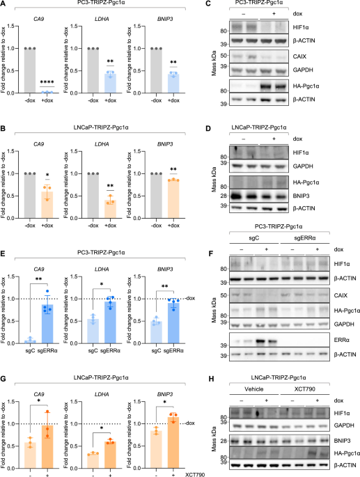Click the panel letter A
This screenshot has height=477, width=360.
click(3, 3)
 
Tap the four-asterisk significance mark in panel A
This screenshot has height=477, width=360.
click(47, 82)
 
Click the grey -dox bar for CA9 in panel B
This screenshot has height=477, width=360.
click(30, 196)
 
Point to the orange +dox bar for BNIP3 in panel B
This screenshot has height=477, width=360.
click(173, 199)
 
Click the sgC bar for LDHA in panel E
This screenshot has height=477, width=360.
click(93, 331)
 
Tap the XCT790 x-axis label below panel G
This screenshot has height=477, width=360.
click(195, 475)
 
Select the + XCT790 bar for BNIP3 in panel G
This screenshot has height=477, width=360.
click(173, 443)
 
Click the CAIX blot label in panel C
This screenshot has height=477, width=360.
click(299, 56)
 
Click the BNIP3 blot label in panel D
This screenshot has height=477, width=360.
click(301, 196)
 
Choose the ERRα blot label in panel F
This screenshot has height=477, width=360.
click(341, 340)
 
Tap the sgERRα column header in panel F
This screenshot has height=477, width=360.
click(304, 238)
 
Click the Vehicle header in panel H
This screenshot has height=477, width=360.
click(253, 389)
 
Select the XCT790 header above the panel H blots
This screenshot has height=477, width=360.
click(304, 389)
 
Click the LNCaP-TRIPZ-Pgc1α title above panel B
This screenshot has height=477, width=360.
click(101, 127)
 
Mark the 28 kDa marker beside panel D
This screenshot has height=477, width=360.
click(224, 196)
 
